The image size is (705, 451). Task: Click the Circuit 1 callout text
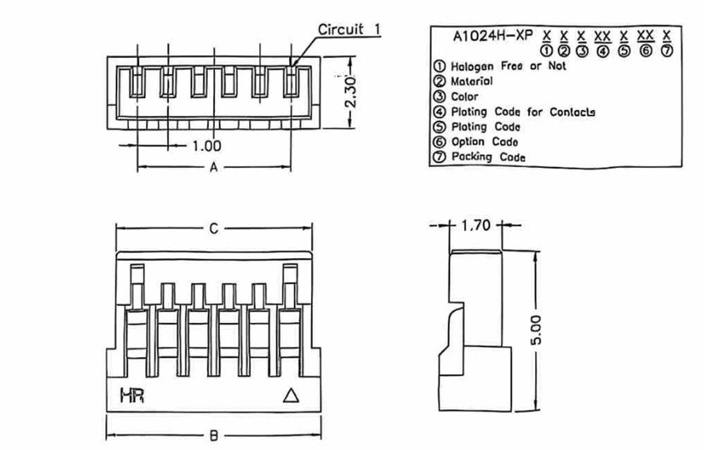click(350, 29)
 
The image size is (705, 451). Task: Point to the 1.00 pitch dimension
click(207, 146)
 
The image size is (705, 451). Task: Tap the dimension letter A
click(213, 168)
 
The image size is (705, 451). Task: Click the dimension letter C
click(214, 228)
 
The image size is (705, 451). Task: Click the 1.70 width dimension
click(475, 225)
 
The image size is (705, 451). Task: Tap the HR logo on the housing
click(132, 397)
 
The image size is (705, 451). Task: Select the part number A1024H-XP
click(492, 35)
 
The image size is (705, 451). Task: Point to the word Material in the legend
click(472, 81)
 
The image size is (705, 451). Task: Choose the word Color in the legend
click(464, 97)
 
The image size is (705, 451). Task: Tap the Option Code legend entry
click(484, 142)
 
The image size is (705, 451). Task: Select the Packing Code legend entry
click(488, 157)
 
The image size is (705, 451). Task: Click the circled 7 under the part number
click(666, 50)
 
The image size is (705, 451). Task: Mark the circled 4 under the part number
click(602, 50)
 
